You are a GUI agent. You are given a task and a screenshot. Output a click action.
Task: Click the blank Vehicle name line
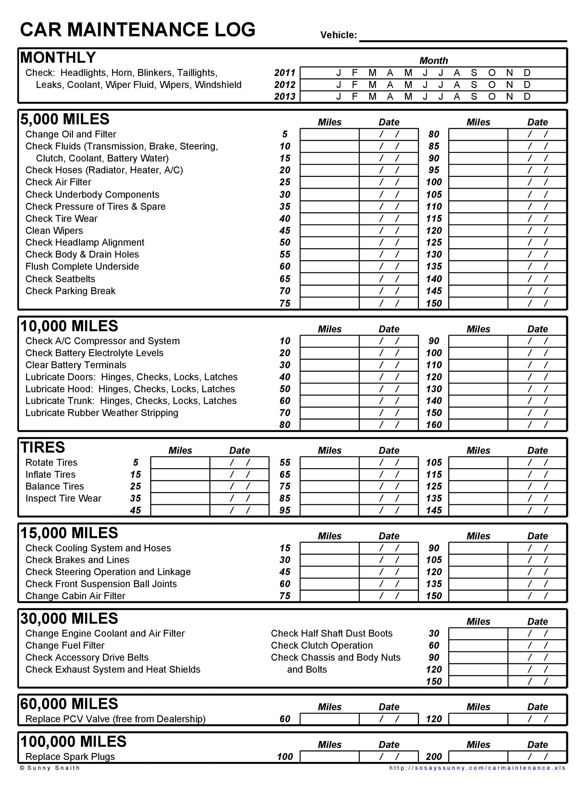[463, 35]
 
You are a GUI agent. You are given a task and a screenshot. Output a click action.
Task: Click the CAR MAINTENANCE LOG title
[137, 29]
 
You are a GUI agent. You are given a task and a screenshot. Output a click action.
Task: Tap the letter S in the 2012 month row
[474, 85]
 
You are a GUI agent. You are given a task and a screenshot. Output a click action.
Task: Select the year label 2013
[284, 96]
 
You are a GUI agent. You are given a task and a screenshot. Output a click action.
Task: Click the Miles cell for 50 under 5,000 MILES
[329, 243]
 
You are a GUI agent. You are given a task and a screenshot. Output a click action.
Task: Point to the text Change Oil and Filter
[70, 134]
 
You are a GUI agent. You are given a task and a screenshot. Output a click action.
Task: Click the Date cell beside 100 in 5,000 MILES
[537, 182]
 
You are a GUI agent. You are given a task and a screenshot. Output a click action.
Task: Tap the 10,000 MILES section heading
[69, 326]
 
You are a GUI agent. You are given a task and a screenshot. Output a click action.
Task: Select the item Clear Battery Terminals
[75, 365]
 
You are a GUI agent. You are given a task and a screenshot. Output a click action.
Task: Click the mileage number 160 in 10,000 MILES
[434, 425]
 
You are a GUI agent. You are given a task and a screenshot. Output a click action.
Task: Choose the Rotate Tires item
[51, 462]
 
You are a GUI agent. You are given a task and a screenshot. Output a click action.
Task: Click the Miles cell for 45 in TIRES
[180, 510]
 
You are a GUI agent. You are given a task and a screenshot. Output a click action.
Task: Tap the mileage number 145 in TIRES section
[434, 510]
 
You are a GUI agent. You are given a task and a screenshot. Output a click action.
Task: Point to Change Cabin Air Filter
[75, 596]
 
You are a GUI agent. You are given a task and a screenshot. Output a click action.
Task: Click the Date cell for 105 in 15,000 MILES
[537, 560]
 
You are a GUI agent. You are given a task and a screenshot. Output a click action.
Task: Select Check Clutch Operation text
[322, 646]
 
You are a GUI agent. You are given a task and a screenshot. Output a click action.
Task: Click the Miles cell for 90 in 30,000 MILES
[478, 658]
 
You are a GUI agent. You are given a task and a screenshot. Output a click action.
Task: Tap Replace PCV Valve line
[115, 719]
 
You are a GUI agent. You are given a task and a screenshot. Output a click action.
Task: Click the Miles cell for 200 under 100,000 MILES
[478, 757]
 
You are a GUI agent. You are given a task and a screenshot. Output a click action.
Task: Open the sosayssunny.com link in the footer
[477, 768]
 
